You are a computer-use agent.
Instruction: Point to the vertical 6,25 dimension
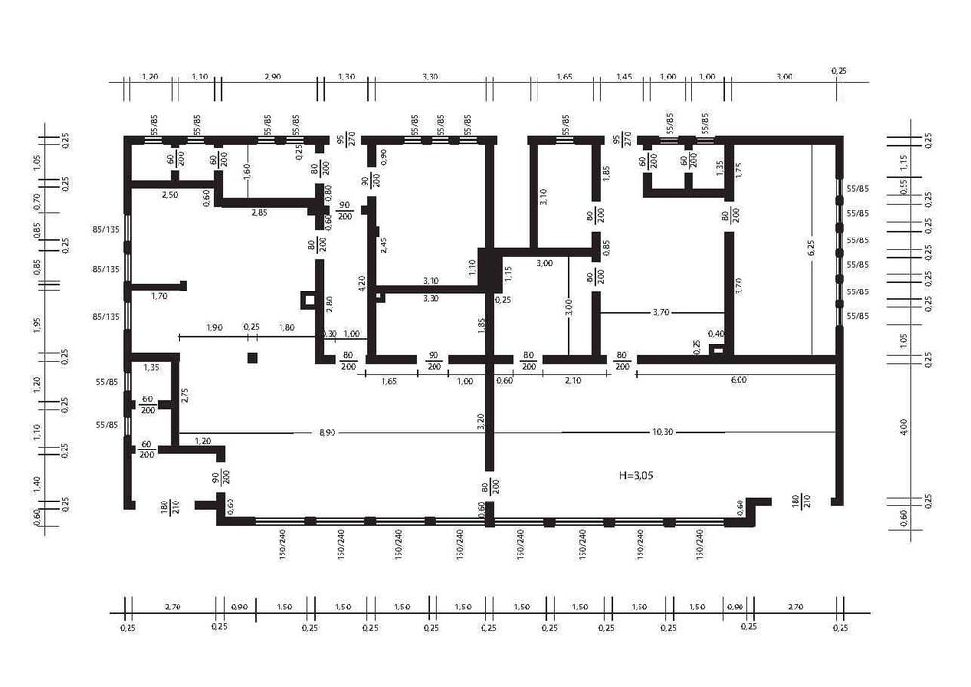812,248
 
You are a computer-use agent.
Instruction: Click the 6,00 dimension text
738,379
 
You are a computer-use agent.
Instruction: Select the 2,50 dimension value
170,196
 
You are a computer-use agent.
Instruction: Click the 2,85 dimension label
259,213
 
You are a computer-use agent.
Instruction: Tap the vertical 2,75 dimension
184,396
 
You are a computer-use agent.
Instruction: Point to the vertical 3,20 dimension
481,421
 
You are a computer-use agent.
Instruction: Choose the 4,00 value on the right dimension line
904,428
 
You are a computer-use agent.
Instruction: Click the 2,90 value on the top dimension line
272,76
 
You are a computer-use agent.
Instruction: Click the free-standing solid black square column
252,358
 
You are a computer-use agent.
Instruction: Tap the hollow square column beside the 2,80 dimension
309,300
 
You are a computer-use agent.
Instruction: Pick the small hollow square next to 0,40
716,348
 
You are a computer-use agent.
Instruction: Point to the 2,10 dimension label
572,379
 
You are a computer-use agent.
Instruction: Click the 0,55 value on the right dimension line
904,183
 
